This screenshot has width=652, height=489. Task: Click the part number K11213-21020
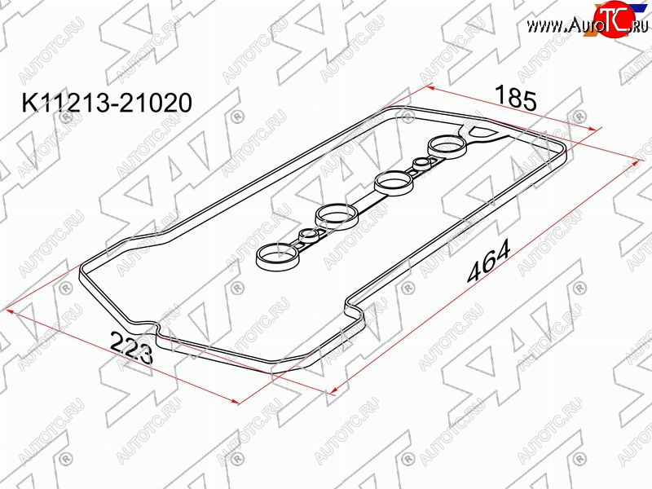(108, 103)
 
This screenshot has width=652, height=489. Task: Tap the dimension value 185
(516, 99)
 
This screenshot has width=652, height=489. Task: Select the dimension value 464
(489, 261)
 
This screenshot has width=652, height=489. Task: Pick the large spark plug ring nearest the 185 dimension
(447, 147)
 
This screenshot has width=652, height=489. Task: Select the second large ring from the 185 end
(394, 182)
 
